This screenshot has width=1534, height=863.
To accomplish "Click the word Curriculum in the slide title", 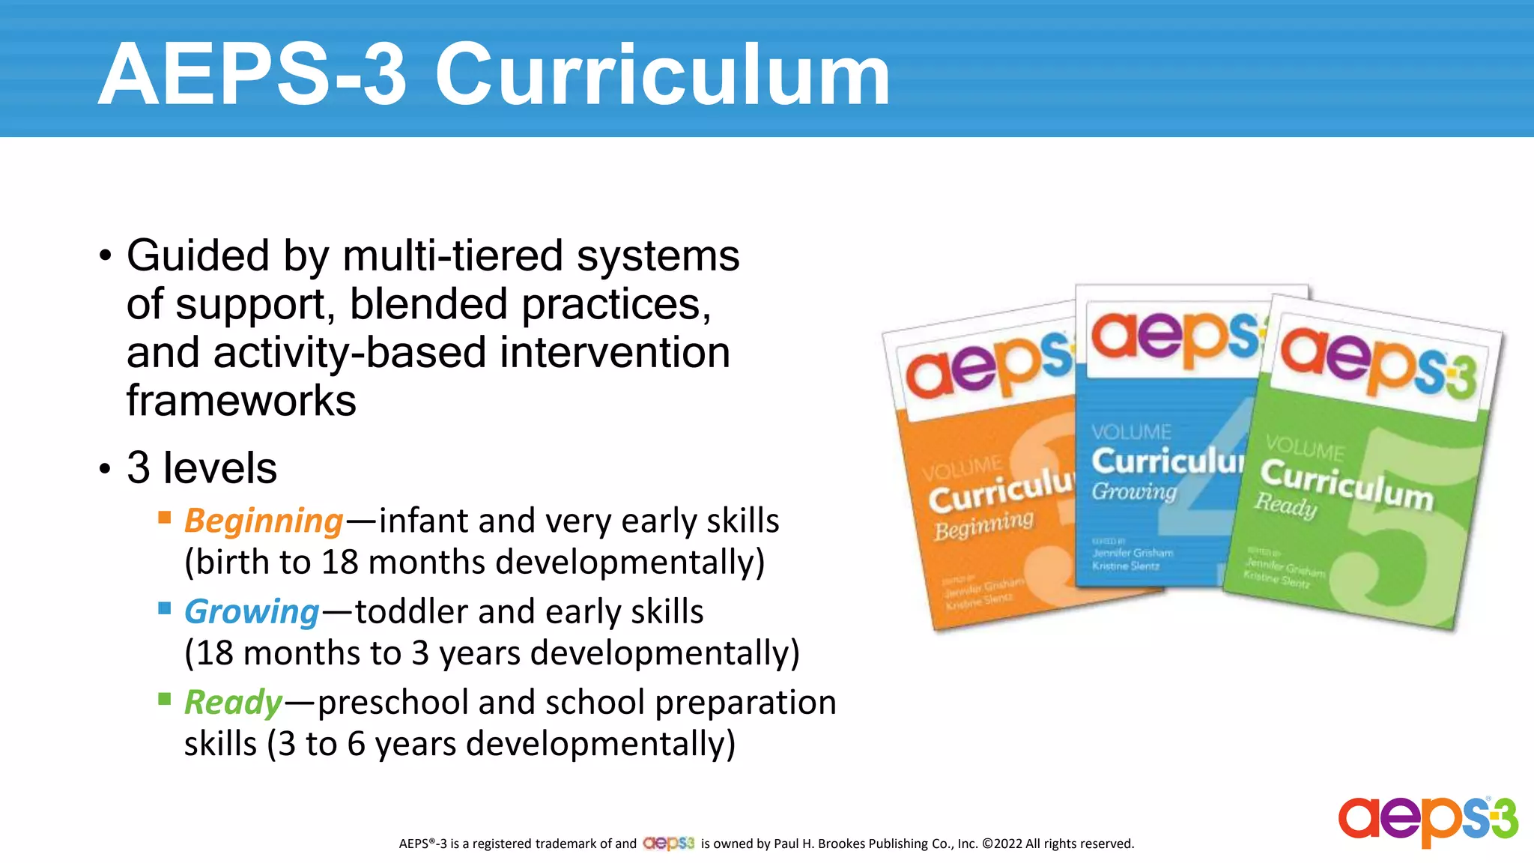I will pos(662,75).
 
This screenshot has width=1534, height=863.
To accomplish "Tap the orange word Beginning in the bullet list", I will pos(264,521).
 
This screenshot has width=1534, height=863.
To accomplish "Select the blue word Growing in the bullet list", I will pos(252,612).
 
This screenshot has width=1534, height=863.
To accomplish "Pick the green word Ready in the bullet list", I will pos(233,703).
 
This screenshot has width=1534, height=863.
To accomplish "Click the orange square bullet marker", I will pos(165,517).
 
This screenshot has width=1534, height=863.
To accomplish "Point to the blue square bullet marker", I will pos(165,608).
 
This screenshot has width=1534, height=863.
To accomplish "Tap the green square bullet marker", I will pos(165,699).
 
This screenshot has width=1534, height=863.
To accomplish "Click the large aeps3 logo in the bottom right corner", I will pos(1428,820).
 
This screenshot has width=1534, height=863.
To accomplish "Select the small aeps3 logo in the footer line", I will pos(669,844).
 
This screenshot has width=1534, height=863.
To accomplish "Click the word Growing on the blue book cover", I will pos(1134,491).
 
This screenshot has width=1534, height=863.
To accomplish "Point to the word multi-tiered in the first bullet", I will pos(453,255).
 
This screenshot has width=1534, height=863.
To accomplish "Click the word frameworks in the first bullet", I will pos(241,400).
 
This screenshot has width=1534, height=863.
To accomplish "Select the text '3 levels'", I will pos(201,468).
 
